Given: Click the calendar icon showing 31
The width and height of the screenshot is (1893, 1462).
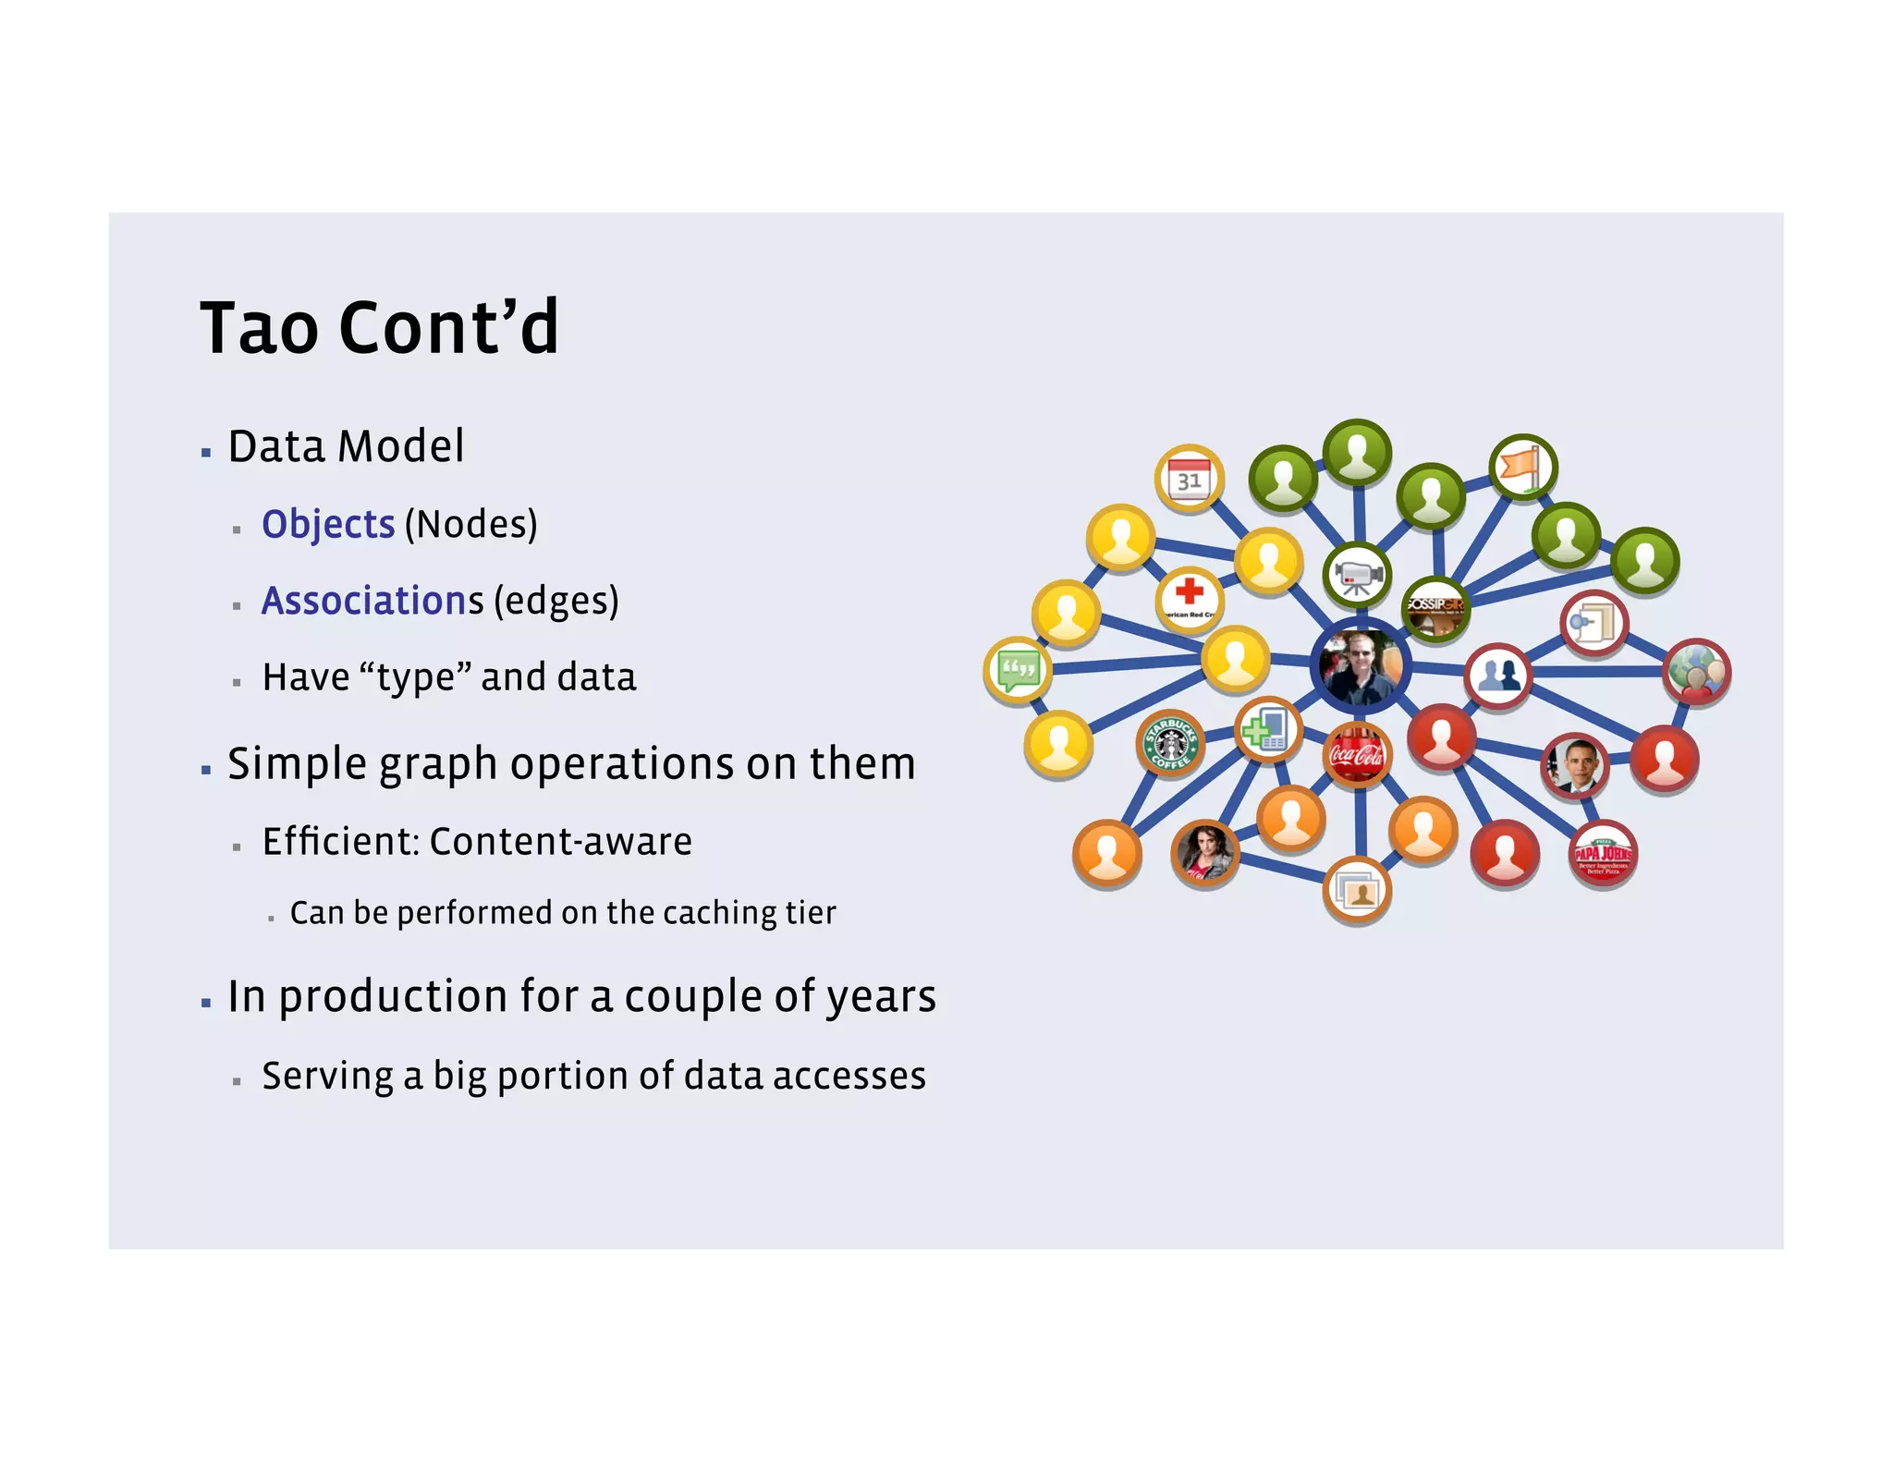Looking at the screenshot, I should point(1190,479).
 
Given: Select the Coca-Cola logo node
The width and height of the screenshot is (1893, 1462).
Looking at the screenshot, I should point(1356,755).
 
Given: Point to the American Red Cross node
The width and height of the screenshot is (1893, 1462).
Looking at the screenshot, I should point(1190,599).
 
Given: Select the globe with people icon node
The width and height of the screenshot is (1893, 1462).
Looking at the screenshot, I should point(1696,672).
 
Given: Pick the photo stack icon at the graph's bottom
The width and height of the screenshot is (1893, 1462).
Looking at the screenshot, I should point(1357,892).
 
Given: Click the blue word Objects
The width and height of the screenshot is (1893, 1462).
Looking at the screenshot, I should point(328,525).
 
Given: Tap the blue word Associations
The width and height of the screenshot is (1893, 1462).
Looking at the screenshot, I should point(372,602).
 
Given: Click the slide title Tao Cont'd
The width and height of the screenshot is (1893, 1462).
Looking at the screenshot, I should point(379,327).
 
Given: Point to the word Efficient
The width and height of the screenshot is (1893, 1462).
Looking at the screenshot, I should point(340,842).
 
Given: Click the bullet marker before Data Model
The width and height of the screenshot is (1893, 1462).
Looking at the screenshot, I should point(206,453).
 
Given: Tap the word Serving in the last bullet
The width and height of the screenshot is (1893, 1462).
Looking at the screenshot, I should point(327,1077).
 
